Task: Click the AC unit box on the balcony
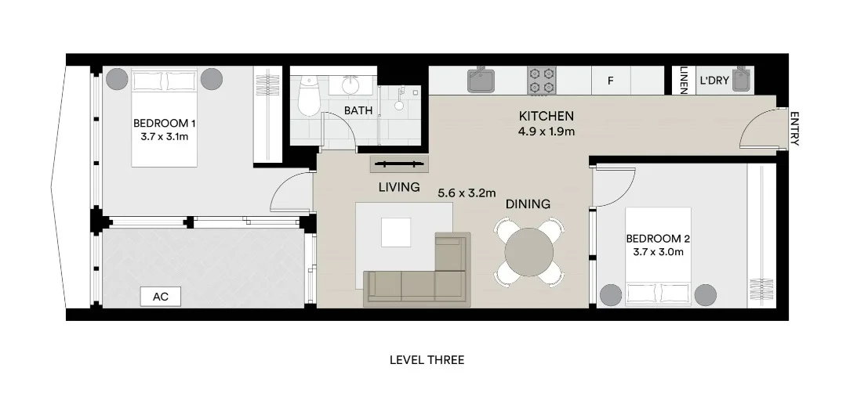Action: (x=160, y=297)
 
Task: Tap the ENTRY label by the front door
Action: (x=794, y=128)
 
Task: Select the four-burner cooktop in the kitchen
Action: (x=541, y=80)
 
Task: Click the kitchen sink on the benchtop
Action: (x=479, y=80)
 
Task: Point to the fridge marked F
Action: (x=610, y=80)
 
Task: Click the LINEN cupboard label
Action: (x=683, y=80)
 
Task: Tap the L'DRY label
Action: (x=714, y=80)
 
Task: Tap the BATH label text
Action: (x=358, y=110)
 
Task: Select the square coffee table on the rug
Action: (x=395, y=232)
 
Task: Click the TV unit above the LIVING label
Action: (x=400, y=164)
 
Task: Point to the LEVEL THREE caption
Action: (x=427, y=360)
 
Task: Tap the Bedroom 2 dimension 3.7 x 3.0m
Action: (x=658, y=252)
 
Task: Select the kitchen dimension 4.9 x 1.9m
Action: (x=547, y=132)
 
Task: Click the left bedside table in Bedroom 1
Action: (x=117, y=79)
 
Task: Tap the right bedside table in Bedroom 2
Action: (x=705, y=294)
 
